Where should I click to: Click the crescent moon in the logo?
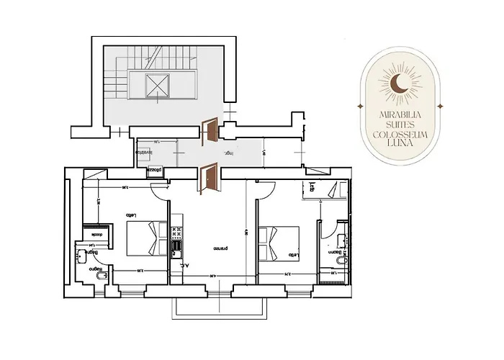tap(398, 86)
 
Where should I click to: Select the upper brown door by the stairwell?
tap(211, 130)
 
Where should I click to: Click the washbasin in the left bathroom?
tap(80, 256)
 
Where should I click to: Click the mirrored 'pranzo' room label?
tap(220, 248)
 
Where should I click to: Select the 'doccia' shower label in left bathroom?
tap(95, 234)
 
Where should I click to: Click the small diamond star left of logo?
tap(358, 107)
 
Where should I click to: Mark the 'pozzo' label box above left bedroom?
tap(156, 171)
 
